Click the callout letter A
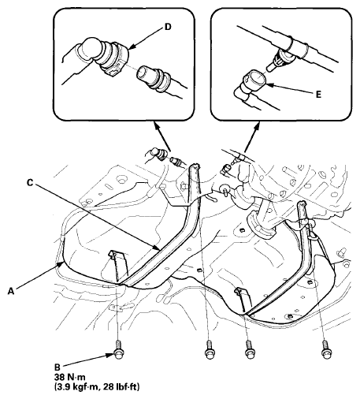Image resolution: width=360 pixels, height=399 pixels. pyautogui.click(x=11, y=291)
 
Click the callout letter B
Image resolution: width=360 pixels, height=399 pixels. pyautogui.click(x=58, y=367)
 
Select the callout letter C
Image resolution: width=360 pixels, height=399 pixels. pyautogui.click(x=30, y=182)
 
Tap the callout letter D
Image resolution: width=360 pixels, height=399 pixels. pyautogui.click(x=168, y=27)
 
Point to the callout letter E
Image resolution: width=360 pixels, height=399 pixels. pyautogui.click(x=318, y=95)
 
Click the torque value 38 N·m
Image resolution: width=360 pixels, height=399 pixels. pyautogui.click(x=70, y=377)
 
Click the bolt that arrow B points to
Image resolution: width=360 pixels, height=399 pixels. pyautogui.click(x=119, y=350)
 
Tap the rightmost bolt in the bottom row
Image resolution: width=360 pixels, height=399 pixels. pyautogui.click(x=326, y=349)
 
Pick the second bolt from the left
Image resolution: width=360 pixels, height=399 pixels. pyautogui.click(x=209, y=349)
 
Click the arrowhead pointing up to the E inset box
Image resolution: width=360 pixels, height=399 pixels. pyautogui.click(x=257, y=125)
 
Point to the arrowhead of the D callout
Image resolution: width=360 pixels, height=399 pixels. pyautogui.click(x=132, y=47)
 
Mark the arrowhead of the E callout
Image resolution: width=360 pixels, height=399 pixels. pyautogui.click(x=269, y=85)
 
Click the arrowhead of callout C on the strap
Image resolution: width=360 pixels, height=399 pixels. pyautogui.click(x=156, y=248)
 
